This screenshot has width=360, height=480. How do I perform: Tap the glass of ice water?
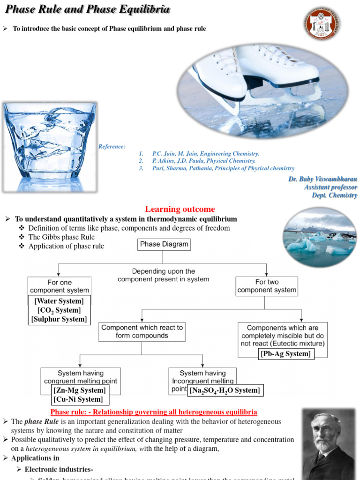tap(50, 145)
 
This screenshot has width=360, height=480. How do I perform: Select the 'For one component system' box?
tap(59, 286)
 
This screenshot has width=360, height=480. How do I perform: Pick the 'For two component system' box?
tap(267, 286)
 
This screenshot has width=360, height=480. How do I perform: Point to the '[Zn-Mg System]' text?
tap(80, 390)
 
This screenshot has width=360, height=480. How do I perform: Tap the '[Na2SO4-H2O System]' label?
tap(225, 390)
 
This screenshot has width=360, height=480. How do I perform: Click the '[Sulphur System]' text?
tap(59, 319)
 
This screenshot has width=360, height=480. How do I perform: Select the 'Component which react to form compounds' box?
tap(142, 331)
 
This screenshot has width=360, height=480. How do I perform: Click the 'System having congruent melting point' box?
tap(81, 377)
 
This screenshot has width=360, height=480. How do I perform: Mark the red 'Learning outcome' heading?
tap(180, 209)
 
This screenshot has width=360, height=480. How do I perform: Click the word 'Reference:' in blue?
tap(112, 147)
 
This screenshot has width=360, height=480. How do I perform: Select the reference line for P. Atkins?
tap(204, 161)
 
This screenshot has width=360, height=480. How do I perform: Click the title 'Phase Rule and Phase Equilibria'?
tap(87, 10)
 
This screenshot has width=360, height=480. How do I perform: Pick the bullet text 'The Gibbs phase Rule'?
tap(61, 237)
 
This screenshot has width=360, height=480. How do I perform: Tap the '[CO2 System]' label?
tap(59, 310)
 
